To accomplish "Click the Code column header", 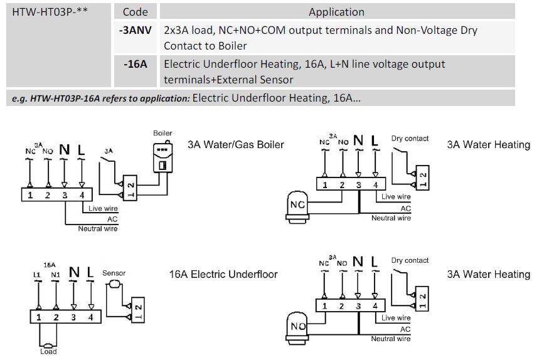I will click(135, 11).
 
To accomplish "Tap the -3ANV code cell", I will click(135, 29).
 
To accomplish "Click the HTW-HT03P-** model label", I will click(46, 11).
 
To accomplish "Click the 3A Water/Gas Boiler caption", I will click(235, 144).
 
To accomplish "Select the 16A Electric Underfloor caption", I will click(223, 274).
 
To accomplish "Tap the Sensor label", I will click(114, 273).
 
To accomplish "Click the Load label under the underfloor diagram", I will click(48, 351).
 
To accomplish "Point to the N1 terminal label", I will click(55, 275).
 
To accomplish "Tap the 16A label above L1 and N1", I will click(48, 265).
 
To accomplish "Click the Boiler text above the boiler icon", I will click(162, 133).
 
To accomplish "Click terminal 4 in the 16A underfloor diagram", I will click(90, 317).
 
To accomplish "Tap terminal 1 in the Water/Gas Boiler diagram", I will click(29, 195).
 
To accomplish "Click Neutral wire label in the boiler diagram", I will click(97, 229).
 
